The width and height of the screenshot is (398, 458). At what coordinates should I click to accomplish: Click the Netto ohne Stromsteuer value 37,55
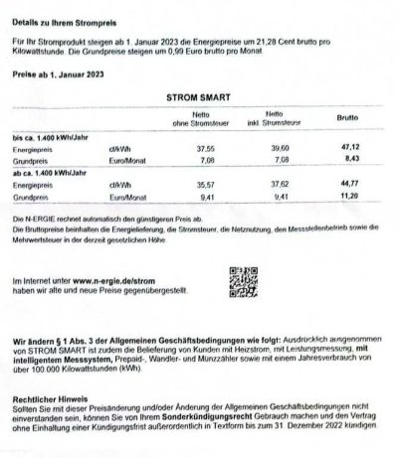[x=207, y=147]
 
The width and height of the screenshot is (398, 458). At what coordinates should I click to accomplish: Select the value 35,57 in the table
[x=207, y=184]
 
